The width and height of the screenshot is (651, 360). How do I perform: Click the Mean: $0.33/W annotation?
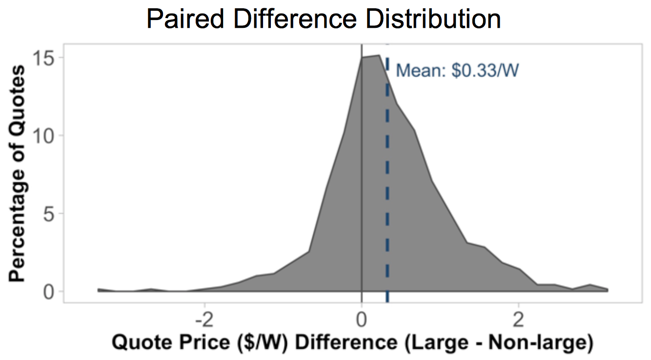pos(457,71)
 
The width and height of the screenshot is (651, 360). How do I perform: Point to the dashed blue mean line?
pos(387,195)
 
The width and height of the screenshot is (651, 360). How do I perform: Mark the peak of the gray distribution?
pos(378,56)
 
